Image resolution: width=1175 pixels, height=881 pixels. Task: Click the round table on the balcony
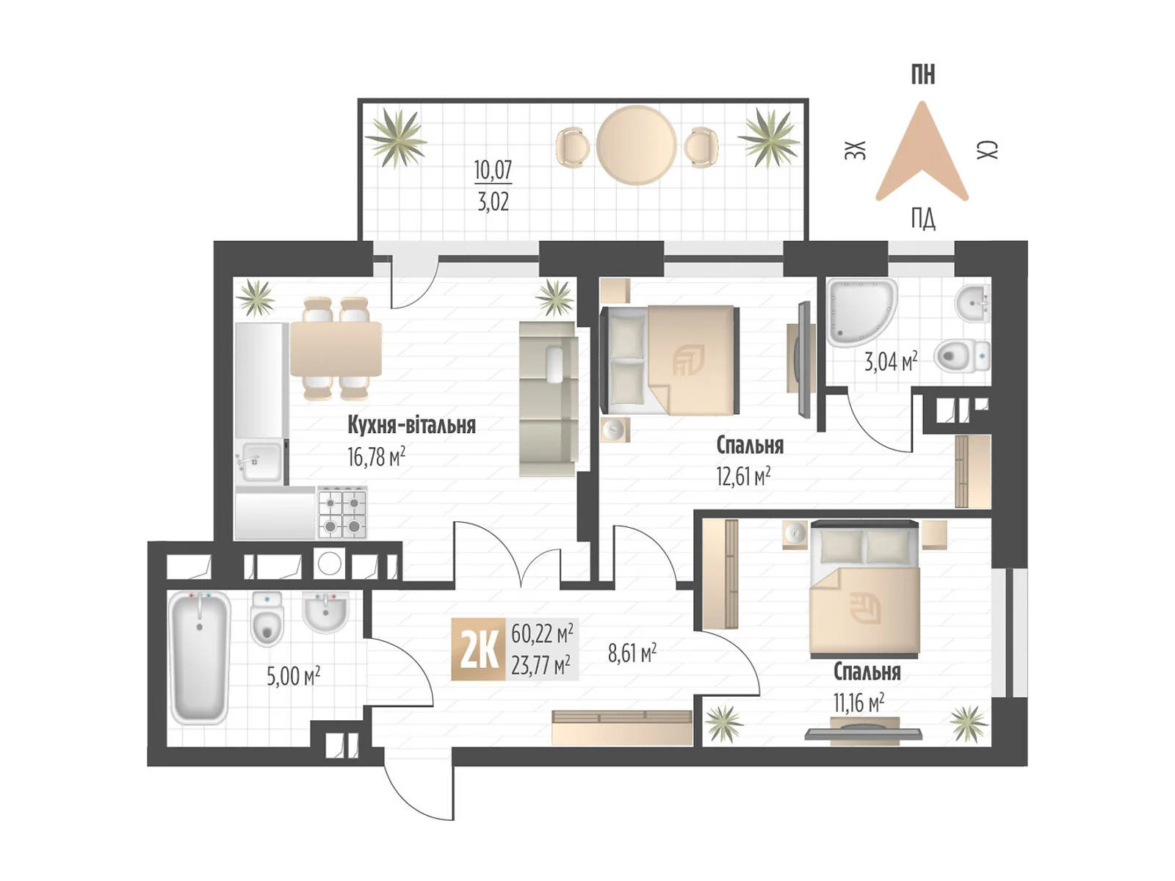tap(636, 145)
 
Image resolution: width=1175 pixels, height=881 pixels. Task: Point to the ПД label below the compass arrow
tap(923, 219)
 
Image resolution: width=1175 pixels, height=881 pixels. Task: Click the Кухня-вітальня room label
tap(411, 425)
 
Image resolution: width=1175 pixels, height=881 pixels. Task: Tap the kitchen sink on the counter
tap(258, 461)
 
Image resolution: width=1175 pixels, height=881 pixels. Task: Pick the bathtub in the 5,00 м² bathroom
tap(199, 658)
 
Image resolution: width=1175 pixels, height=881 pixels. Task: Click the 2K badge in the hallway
tap(478, 650)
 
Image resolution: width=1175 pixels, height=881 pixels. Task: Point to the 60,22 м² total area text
tap(542, 634)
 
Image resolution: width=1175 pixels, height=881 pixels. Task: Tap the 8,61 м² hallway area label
tap(632, 653)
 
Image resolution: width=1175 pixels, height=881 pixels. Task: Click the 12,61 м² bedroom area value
tap(743, 476)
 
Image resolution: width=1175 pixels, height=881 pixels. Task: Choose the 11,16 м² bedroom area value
tap(858, 703)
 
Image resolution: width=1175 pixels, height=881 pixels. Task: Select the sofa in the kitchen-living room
tap(549, 399)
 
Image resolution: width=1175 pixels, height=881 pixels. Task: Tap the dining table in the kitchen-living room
tap(336, 349)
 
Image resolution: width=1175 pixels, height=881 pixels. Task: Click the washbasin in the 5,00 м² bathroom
tap(325, 612)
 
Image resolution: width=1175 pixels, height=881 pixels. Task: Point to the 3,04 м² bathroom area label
tap(891, 362)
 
